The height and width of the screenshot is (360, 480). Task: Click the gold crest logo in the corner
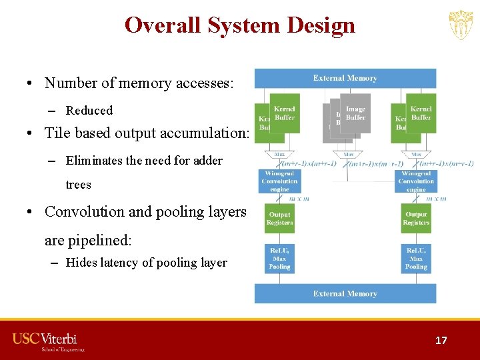[x=460, y=25]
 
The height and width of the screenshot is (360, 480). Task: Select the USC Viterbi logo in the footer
[x=49, y=341]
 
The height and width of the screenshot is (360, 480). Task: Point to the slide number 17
[x=441, y=340]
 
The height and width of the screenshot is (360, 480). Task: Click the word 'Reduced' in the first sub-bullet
[x=89, y=111]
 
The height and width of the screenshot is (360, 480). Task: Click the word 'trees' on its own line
[x=78, y=185]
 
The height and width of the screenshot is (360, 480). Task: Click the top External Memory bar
[x=345, y=78]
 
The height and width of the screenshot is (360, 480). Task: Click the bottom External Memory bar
[x=345, y=293]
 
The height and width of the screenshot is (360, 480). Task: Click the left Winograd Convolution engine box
[x=279, y=181]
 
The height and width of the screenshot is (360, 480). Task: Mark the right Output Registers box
[x=416, y=219]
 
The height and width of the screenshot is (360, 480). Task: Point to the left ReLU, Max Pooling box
[x=279, y=259]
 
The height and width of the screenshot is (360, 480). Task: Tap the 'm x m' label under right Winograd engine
[x=437, y=198]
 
